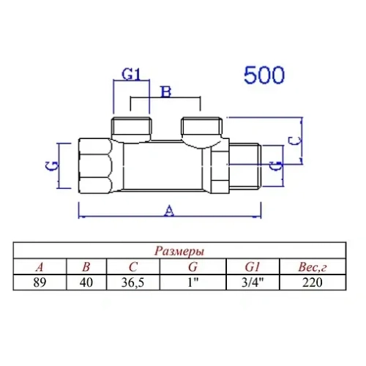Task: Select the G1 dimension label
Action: (x=130, y=75)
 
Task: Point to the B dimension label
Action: (x=165, y=91)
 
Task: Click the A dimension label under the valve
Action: (x=170, y=211)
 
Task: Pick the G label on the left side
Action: (x=53, y=166)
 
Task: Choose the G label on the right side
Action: (x=274, y=165)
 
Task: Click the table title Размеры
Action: (x=180, y=250)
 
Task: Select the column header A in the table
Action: (x=40, y=266)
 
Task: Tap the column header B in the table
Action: (x=86, y=266)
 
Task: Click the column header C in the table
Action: (x=132, y=266)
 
